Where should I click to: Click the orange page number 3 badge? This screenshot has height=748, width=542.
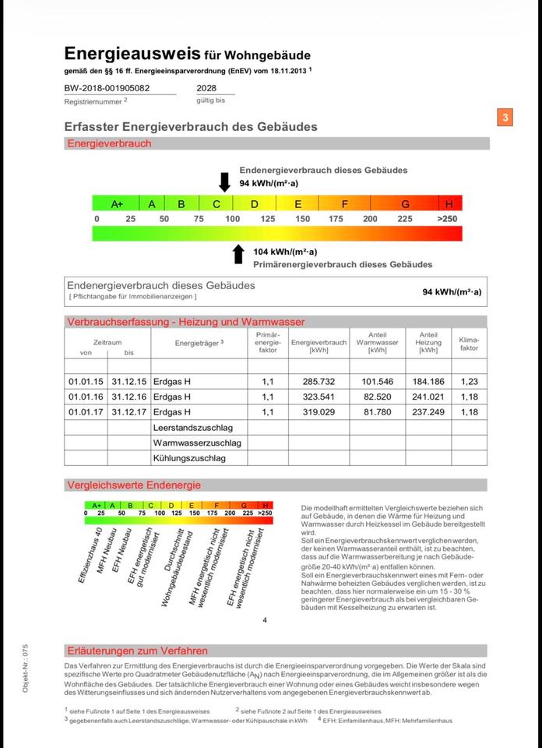pyautogui.click(x=505, y=118)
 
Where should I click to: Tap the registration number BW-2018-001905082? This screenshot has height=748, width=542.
pyautogui.click(x=107, y=88)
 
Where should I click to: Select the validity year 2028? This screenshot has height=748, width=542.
pyautogui.click(x=206, y=88)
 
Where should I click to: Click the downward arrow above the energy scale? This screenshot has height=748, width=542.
pyautogui.click(x=224, y=182)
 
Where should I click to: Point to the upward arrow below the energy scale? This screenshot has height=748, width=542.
pyautogui.click(x=238, y=254)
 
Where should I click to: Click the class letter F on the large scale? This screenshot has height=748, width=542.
pyautogui.click(x=345, y=204)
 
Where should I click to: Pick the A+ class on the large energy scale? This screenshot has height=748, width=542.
pyautogui.click(x=117, y=204)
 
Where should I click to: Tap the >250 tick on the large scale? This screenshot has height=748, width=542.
pyautogui.click(x=447, y=219)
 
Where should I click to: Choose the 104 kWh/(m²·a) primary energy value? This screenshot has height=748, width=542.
pyautogui.click(x=285, y=252)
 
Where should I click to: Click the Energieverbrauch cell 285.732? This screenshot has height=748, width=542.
pyautogui.click(x=318, y=382)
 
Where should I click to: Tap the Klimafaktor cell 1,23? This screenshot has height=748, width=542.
pyautogui.click(x=469, y=382)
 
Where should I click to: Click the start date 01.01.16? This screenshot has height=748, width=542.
pyautogui.click(x=85, y=397)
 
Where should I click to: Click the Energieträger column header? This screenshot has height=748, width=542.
pyautogui.click(x=199, y=343)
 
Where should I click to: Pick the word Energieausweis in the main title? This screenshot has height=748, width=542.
pyautogui.click(x=132, y=54)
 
